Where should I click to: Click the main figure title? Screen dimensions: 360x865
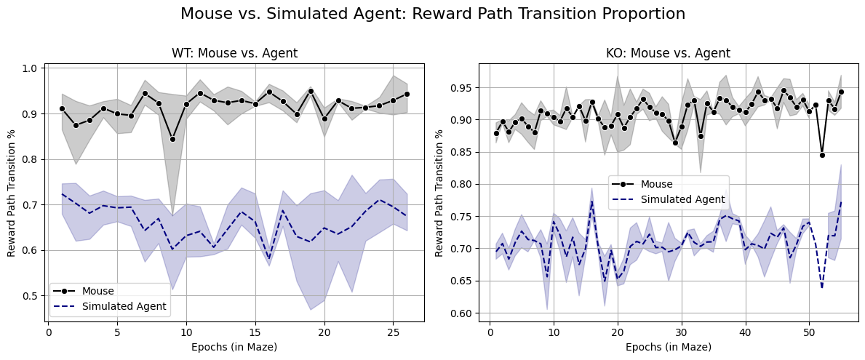432,14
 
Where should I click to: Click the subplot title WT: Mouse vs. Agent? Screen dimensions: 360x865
234,53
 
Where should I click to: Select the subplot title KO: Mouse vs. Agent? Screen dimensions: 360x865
668,53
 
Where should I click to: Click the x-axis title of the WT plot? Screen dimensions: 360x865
234,347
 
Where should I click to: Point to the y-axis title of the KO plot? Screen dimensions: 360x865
439,193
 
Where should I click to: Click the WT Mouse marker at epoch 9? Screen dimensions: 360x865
172,139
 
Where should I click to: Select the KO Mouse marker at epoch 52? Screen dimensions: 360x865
822,155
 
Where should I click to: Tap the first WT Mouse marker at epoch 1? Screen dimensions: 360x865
62,108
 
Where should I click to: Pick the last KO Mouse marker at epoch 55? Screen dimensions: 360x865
841,92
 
